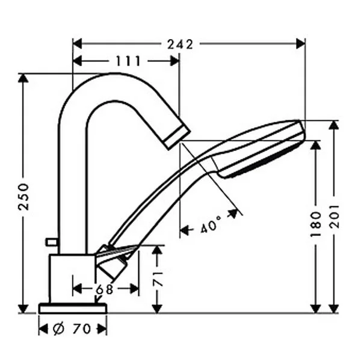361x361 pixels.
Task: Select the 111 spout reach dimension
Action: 128,61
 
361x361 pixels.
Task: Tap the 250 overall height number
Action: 23,196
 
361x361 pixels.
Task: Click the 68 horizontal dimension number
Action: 104,289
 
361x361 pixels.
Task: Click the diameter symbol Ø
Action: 59,329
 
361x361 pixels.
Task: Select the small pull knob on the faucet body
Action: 51,242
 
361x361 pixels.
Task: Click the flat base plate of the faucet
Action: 72,308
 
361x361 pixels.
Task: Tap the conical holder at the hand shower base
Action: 114,260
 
